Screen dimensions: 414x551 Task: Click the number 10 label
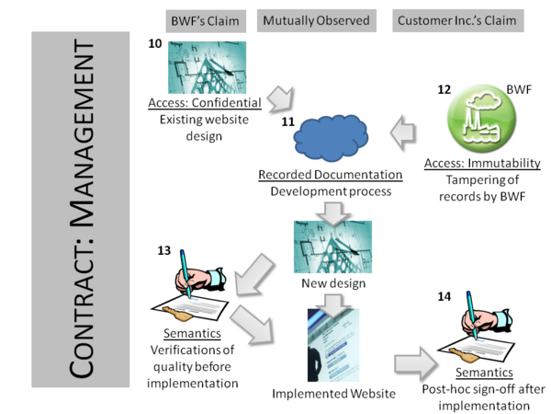click(156, 44)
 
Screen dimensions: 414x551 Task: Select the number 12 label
click(444, 89)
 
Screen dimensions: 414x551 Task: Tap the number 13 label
click(165, 250)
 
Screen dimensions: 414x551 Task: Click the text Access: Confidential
click(205, 102)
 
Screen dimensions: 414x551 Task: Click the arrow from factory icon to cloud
click(400, 136)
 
